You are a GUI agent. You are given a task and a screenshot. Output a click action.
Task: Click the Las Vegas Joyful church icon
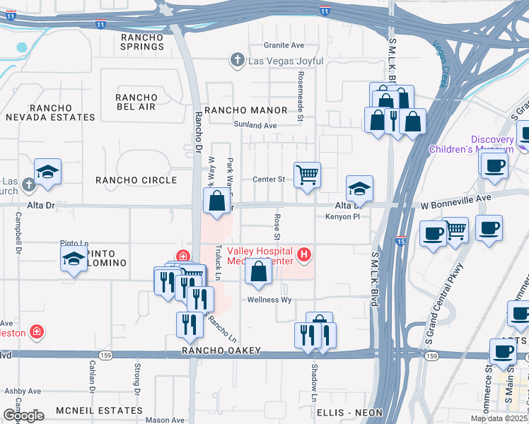pyautogui.click(x=238, y=61)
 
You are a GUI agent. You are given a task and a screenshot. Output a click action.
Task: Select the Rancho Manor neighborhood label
pyautogui.click(x=245, y=110)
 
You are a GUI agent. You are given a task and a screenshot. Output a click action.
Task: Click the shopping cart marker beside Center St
pyautogui.click(x=307, y=174)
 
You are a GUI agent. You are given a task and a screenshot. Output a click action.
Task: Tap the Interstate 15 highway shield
pyautogui.click(x=400, y=241)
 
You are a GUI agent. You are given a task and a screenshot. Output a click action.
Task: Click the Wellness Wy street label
pyautogui.click(x=269, y=300)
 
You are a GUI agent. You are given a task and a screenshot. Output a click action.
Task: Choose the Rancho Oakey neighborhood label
pyautogui.click(x=221, y=351)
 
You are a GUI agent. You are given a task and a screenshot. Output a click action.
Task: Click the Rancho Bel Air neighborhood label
pyautogui.click(x=136, y=102)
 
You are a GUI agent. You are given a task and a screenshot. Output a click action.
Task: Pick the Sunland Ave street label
pyautogui.click(x=255, y=125)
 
